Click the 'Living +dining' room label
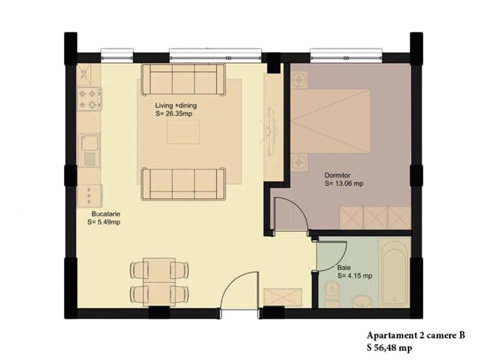[x=176, y=106]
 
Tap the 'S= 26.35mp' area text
[x=173, y=114]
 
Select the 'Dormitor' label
[x=337, y=176]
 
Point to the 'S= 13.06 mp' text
[x=344, y=184]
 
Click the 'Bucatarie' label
[x=106, y=214]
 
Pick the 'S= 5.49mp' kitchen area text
[x=104, y=222]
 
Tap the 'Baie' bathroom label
[x=344, y=268]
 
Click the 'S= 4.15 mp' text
[x=355, y=276]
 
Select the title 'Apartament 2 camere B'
[x=416, y=335]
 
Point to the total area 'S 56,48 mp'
[x=389, y=348]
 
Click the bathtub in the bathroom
[x=394, y=273]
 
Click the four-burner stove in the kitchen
[x=89, y=99]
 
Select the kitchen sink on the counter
[x=89, y=150]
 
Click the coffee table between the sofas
[x=184, y=132]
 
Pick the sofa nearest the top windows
[x=184, y=80]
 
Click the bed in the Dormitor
[x=331, y=121]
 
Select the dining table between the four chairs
[x=159, y=282]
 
